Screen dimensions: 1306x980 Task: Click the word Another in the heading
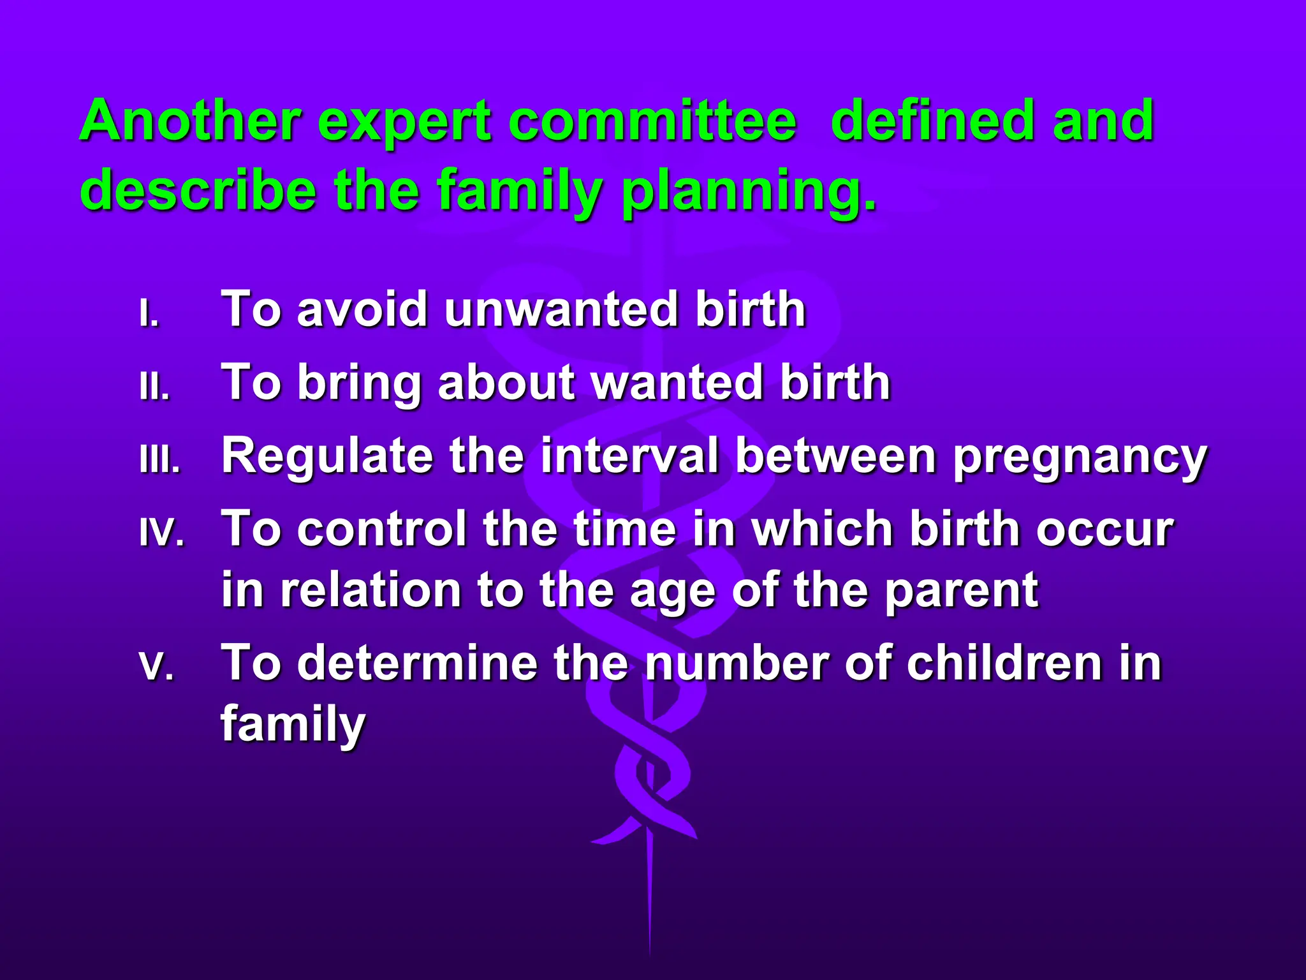(x=190, y=121)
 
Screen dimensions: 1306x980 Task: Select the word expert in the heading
(x=404, y=125)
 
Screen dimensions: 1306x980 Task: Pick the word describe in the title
(x=198, y=189)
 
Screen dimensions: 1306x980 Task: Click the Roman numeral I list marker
(x=149, y=313)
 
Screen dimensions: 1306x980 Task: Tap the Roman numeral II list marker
(x=154, y=386)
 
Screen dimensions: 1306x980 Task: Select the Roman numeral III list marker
(x=160, y=459)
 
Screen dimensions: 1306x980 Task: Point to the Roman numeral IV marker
(x=162, y=533)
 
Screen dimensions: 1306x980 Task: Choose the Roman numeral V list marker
(x=156, y=666)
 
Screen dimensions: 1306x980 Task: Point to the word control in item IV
(x=382, y=529)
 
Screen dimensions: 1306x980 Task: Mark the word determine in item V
(x=418, y=662)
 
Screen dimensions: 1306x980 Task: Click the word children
(x=1004, y=662)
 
